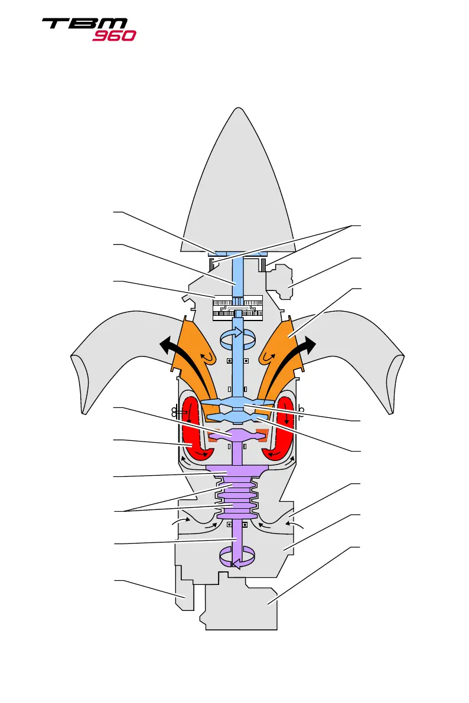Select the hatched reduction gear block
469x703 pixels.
[236, 308]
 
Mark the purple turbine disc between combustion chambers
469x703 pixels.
[236, 436]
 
